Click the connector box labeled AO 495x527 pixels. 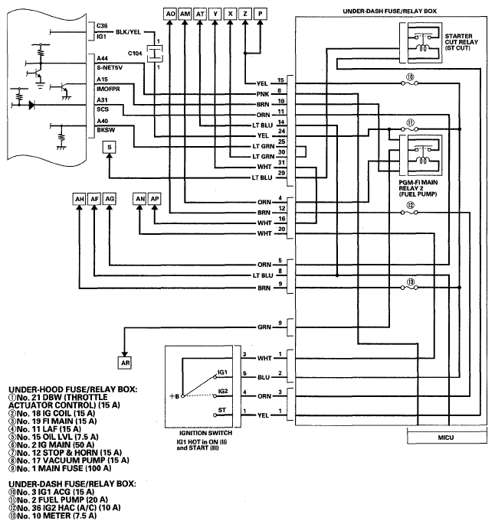tap(170, 14)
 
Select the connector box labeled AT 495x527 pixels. tap(200, 14)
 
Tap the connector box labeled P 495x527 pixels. tap(261, 14)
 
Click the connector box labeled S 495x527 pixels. tap(109, 147)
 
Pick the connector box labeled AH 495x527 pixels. tap(80, 199)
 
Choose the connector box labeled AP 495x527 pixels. tap(155, 199)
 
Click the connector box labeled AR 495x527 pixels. tap(125, 363)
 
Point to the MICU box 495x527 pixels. tap(447, 438)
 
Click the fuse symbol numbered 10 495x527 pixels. tap(410, 83)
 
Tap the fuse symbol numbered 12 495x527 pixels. tap(410, 213)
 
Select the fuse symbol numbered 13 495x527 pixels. tap(410, 288)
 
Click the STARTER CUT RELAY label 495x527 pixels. tap(461, 41)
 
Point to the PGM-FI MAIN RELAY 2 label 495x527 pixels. tap(418, 188)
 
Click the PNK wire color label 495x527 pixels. tap(263, 94)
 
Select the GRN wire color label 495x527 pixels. tap(264, 327)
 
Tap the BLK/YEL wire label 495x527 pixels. tap(128, 32)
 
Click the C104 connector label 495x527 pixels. tap(135, 53)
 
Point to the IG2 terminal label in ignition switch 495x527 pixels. tap(223, 391)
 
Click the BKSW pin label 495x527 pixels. tap(106, 130)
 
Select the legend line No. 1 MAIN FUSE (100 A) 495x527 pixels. tap(60, 468)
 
